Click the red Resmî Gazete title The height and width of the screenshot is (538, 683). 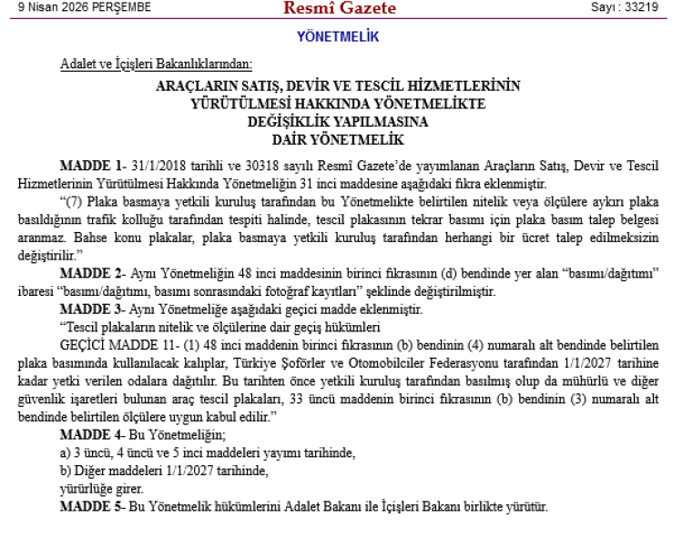(x=340, y=9)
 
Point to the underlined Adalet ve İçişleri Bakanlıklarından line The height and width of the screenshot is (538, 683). (x=156, y=64)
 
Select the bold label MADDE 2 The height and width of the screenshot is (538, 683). (x=91, y=273)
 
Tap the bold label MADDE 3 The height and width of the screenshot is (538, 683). (x=91, y=310)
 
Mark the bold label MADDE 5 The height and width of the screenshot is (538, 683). (x=91, y=505)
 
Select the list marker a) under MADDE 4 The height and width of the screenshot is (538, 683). (x=65, y=452)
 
